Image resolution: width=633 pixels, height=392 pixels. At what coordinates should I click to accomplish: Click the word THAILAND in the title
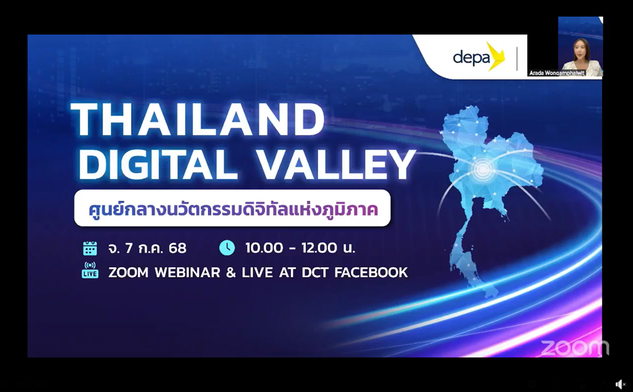tap(198, 120)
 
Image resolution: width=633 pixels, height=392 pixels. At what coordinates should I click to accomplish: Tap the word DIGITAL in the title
tap(159, 164)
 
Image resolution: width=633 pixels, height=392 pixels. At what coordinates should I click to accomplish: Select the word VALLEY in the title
tap(337, 164)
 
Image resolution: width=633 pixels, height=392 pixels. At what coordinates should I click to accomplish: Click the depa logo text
tap(471, 58)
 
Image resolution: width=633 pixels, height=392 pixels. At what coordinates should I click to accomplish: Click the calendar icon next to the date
tap(90, 248)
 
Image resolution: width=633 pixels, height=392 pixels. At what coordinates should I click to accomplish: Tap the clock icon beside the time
tap(227, 248)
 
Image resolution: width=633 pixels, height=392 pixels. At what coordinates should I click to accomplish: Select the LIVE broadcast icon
tap(90, 270)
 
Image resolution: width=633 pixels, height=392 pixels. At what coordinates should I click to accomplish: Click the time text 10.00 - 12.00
tap(292, 248)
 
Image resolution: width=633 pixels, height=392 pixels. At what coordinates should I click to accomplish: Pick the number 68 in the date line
tap(178, 248)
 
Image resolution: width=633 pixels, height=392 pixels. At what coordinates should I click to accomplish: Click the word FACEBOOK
tap(371, 272)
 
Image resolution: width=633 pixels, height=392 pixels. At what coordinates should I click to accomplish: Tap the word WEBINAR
tap(188, 272)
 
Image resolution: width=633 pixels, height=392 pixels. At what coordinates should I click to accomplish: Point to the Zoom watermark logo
tap(575, 348)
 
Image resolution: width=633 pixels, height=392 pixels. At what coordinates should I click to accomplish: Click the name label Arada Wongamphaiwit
tap(557, 73)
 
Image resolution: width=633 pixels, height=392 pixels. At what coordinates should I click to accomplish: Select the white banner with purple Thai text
tap(232, 208)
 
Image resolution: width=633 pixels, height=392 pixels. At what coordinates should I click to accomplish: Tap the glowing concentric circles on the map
tap(483, 169)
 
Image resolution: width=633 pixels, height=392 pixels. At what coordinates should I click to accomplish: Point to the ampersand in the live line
tap(231, 272)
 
